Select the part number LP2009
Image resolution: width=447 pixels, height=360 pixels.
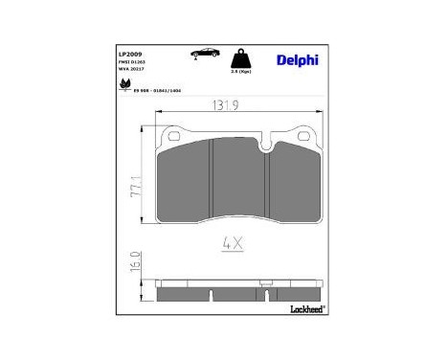[x=131, y=55]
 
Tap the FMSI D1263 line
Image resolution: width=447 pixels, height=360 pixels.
[x=133, y=62]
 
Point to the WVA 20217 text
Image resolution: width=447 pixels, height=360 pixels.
[x=133, y=70]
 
